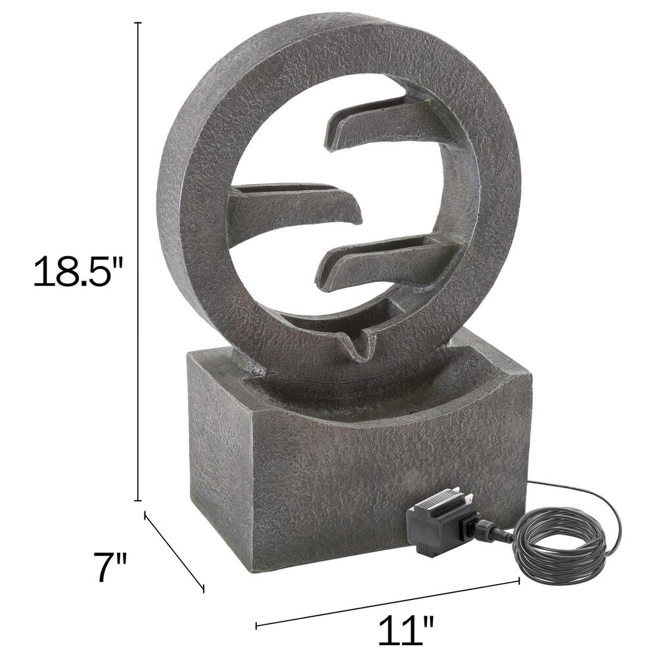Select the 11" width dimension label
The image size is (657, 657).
[x=405, y=629]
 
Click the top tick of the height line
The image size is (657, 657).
[x=139, y=23]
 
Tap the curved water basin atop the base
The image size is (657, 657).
[x=368, y=394]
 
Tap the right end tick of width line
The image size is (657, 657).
[x=519, y=579]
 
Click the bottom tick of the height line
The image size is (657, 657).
[x=139, y=500]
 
